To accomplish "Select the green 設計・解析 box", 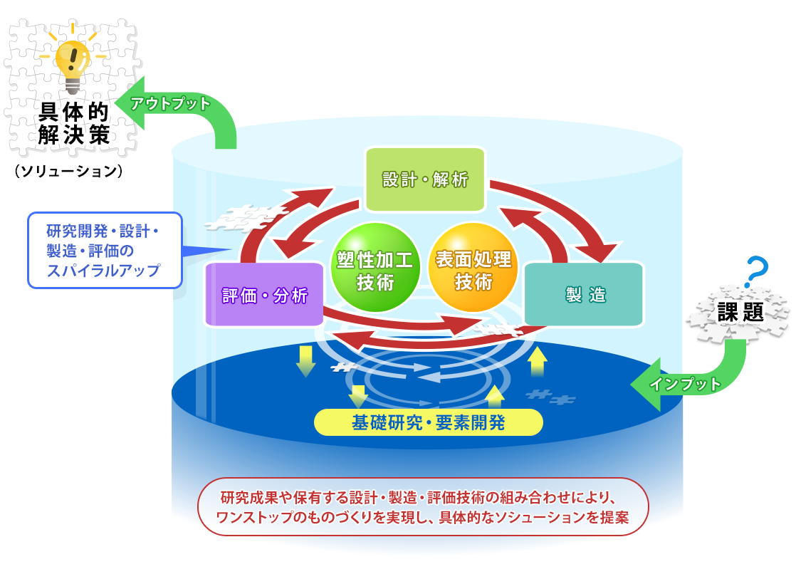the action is [426, 179].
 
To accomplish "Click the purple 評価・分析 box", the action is [264, 295].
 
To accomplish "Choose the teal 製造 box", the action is [584, 294].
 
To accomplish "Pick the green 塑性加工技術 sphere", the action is [375, 268].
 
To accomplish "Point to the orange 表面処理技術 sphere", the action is [473, 268].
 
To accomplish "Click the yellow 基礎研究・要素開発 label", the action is [429, 422].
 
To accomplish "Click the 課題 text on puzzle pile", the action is [740, 312].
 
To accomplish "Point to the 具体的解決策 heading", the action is [73, 123].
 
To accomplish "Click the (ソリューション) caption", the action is [68, 171].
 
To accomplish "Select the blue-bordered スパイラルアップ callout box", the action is [105, 251].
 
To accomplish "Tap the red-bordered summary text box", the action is [423, 507].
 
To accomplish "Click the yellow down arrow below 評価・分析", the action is [305, 361].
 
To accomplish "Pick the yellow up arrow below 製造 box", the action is [537, 361].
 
